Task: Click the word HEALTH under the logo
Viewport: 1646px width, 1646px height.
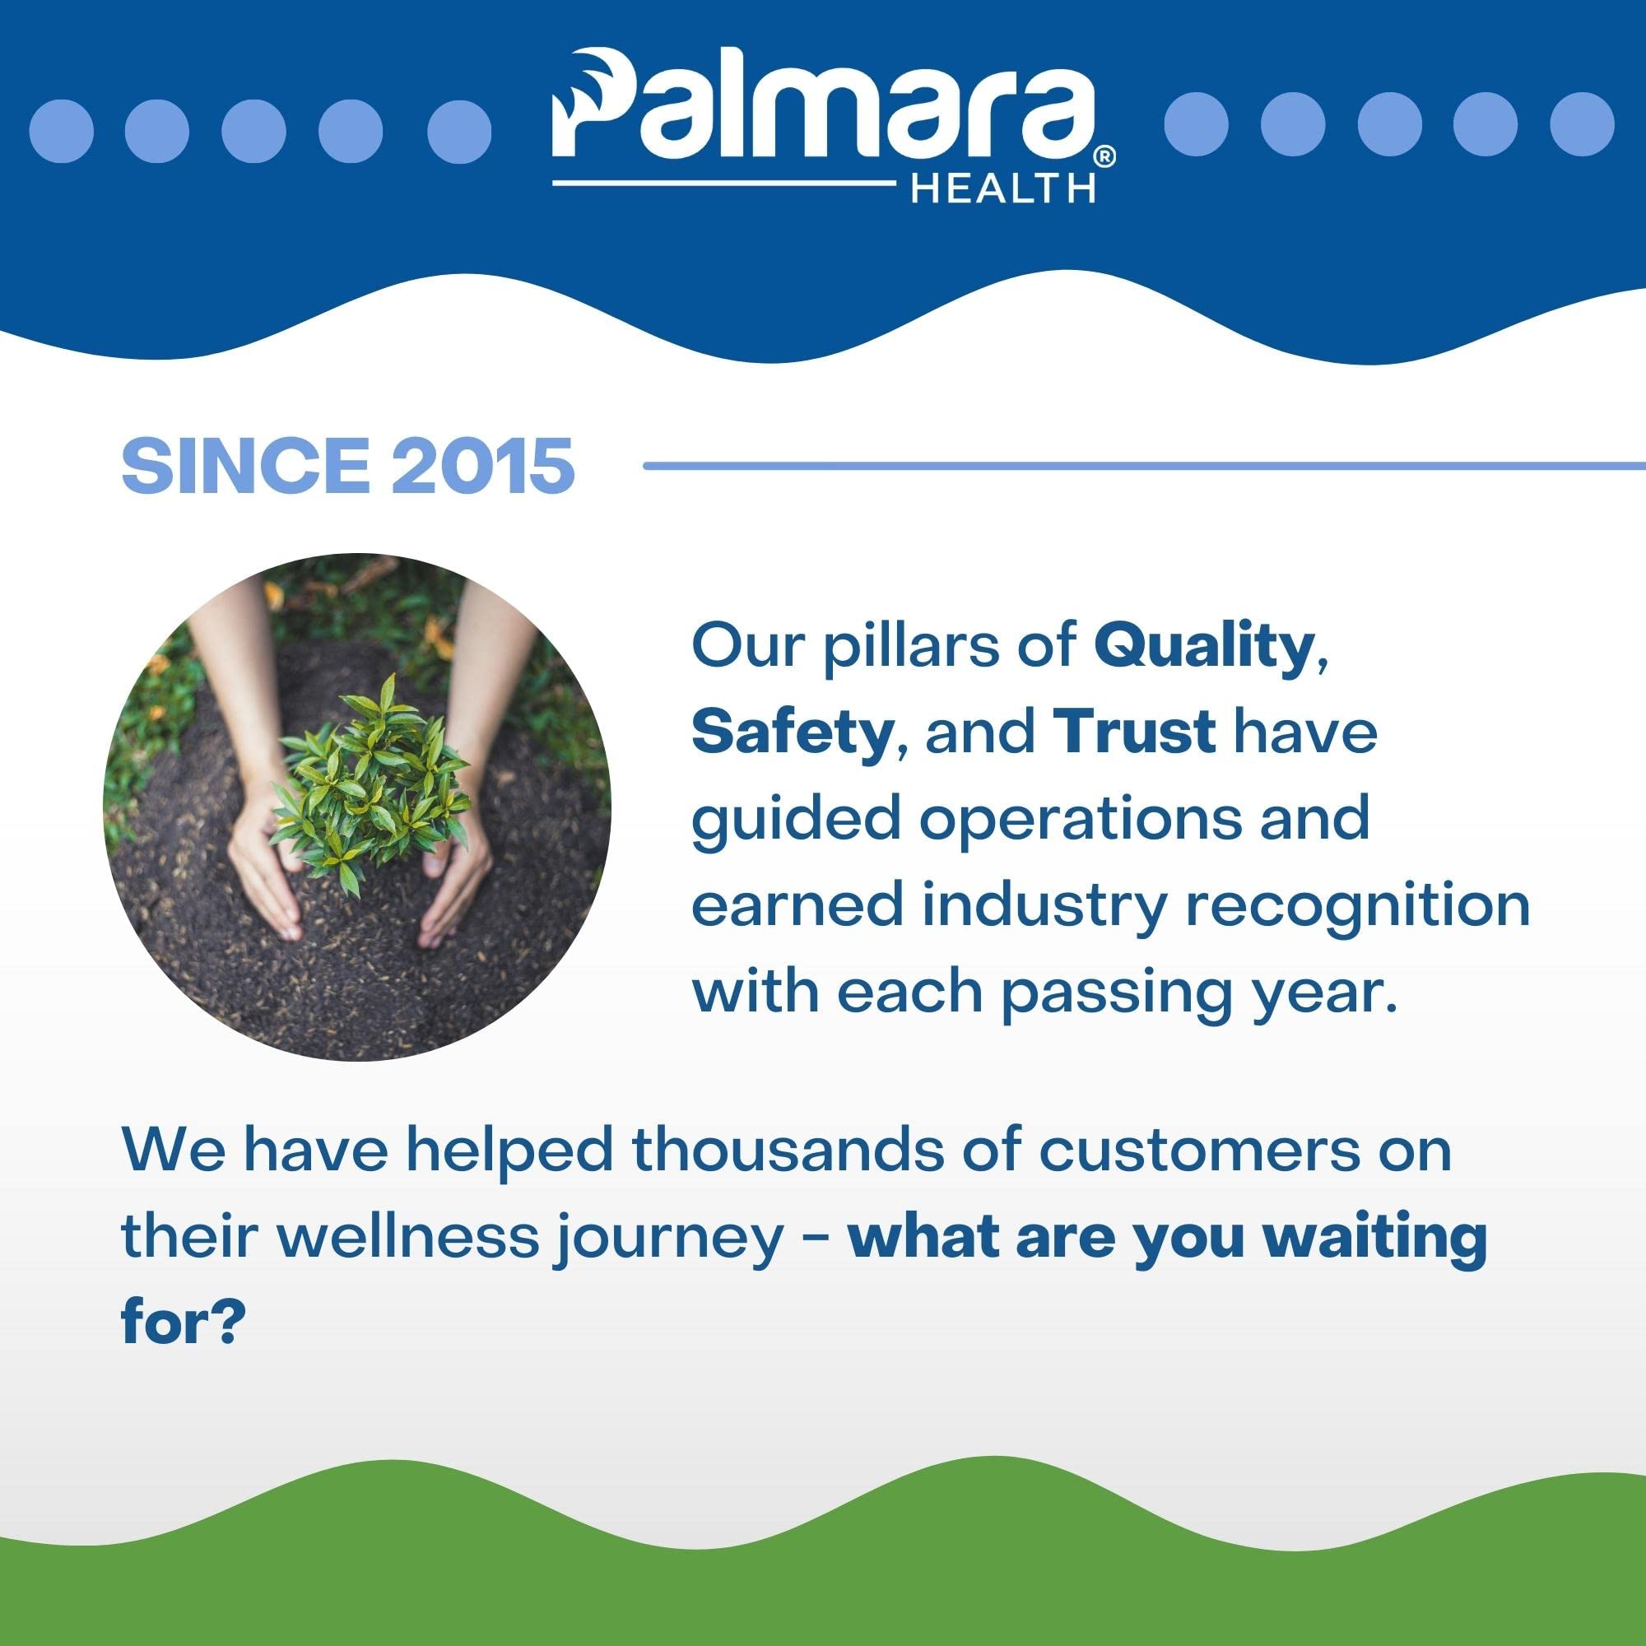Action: (1002, 188)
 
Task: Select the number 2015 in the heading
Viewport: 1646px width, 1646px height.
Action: (483, 465)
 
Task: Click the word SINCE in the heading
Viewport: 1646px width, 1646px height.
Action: (245, 465)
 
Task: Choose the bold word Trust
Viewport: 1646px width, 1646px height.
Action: (1134, 732)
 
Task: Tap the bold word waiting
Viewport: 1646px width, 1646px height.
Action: (1378, 1240)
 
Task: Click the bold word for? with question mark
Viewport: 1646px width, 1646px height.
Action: (184, 1323)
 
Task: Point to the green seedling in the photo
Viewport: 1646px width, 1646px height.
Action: (368, 777)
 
